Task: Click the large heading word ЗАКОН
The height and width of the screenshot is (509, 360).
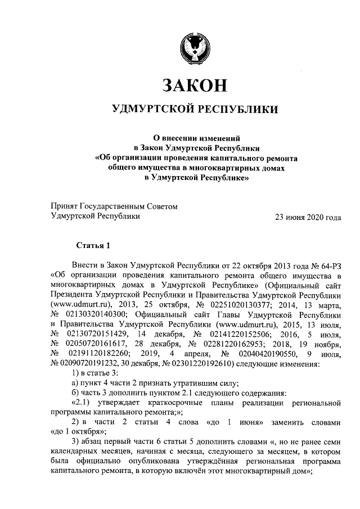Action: (x=195, y=85)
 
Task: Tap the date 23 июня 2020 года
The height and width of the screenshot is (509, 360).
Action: (x=308, y=217)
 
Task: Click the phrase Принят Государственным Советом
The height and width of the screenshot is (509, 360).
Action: (x=114, y=206)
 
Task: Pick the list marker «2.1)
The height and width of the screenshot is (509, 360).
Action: (x=83, y=403)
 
